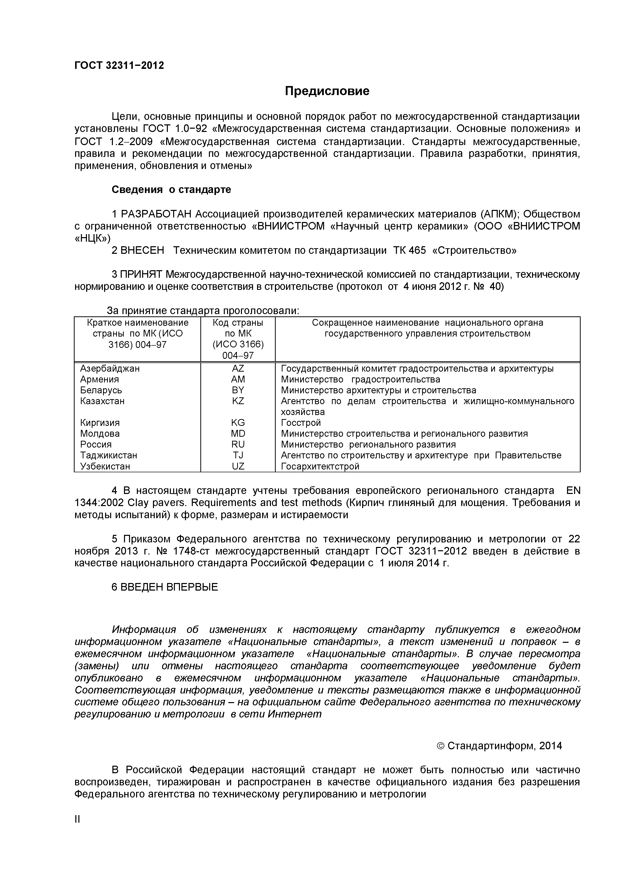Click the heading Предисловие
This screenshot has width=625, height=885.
[x=327, y=91]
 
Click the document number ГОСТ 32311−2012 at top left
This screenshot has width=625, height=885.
[x=119, y=66]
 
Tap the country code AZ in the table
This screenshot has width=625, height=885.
[x=238, y=369]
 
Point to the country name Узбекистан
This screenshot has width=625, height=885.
[x=105, y=466]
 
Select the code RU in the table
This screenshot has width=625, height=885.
[x=238, y=445]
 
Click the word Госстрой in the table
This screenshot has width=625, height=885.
[x=301, y=423]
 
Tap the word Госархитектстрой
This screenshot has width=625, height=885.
[x=320, y=466]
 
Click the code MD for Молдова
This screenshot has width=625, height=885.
[x=238, y=434]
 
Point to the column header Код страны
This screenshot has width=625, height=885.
[x=238, y=322]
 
